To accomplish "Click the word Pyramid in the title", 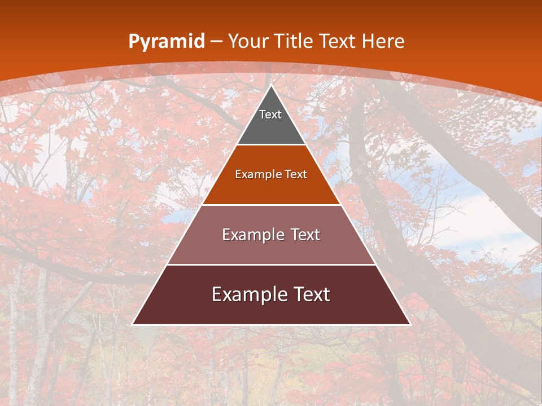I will pos(166,42).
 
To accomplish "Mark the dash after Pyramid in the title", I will pos(216,42).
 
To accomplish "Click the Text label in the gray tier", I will pos(270,114).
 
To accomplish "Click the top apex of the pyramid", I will pos(271,86).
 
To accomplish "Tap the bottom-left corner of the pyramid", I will pos(133,324).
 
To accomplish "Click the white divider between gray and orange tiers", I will pos(271,145).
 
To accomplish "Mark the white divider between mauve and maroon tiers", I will pos(271,264).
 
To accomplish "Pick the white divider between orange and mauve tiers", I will pos(271,205).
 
